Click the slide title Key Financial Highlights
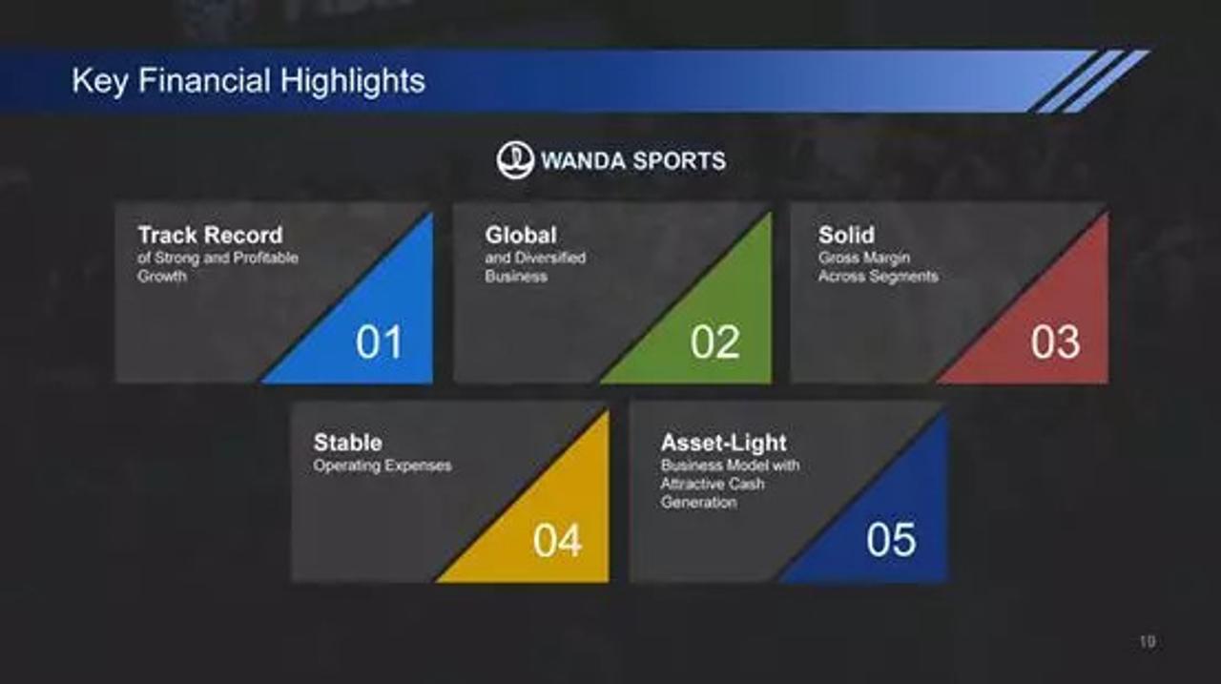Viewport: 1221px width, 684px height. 249,81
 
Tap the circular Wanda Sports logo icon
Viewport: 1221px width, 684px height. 514,160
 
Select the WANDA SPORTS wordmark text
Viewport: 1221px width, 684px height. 633,161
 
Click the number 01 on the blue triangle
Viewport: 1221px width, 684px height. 379,342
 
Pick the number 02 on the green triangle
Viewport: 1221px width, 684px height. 715,342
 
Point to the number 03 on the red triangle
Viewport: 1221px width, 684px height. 1055,342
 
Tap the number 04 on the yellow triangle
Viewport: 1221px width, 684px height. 558,541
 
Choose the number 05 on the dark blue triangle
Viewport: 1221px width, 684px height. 892,540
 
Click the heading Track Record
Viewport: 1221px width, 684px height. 211,236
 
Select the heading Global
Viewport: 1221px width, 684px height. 521,236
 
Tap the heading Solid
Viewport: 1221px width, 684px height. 846,236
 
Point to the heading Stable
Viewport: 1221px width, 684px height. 348,443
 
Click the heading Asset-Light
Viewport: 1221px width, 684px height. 724,443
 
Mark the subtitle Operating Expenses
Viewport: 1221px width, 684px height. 383,466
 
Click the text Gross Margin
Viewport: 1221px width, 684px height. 864,258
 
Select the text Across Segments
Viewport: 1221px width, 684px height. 879,277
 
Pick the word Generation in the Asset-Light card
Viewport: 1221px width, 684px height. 699,502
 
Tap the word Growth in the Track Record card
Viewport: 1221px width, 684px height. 162,277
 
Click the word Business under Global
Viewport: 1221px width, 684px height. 516,277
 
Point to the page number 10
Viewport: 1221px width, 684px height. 1148,641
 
